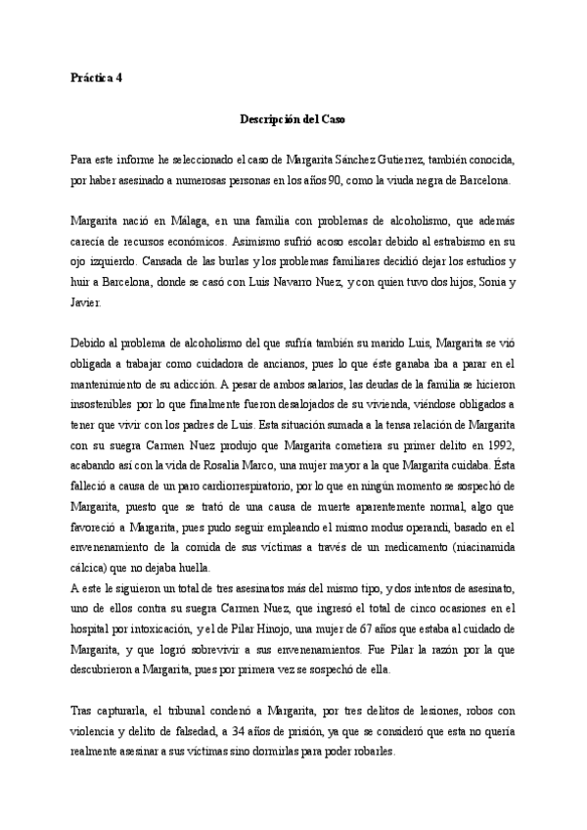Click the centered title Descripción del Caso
(293, 118)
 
